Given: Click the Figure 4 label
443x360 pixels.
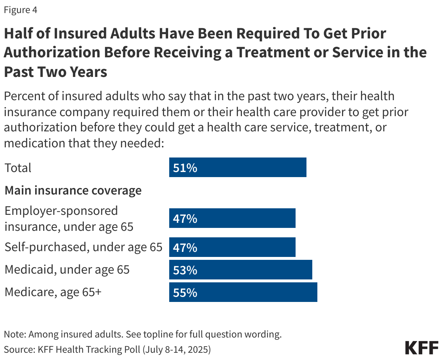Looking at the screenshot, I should [20, 10].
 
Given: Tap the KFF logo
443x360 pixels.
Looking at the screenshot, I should [422, 348].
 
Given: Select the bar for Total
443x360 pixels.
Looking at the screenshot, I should [237, 167].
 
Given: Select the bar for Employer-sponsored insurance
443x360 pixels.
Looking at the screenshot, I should [232, 218].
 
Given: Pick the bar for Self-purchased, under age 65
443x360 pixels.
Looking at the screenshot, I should [232, 247].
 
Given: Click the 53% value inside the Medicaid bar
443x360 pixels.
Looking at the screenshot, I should [185, 270].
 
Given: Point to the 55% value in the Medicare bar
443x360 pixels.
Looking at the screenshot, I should [185, 292].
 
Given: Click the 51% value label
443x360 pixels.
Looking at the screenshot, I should [185, 168].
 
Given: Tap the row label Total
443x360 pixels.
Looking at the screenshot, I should [18, 168].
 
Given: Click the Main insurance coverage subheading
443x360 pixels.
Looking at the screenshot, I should [73, 191].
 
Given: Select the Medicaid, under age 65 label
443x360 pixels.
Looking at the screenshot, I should [67, 270].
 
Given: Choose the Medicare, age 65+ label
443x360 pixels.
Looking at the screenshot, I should [53, 292].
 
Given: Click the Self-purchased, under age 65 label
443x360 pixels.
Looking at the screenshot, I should [83, 247].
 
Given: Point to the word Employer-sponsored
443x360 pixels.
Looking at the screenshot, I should [61, 211].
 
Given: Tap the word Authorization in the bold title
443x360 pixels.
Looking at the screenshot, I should [51, 52].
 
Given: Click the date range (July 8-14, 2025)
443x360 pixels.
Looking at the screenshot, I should [176, 349].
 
